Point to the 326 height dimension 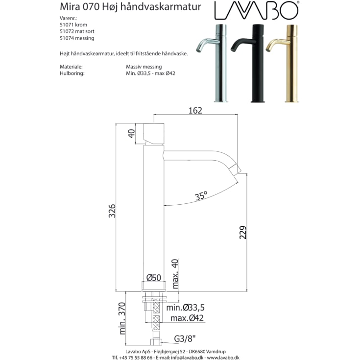pos(112,210)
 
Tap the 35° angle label pos(201,196)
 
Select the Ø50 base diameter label pos(154,278)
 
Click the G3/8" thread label pos(186,339)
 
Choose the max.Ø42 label pos(187,318)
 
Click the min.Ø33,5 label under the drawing pos(185,308)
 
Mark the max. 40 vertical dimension pos(175,275)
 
